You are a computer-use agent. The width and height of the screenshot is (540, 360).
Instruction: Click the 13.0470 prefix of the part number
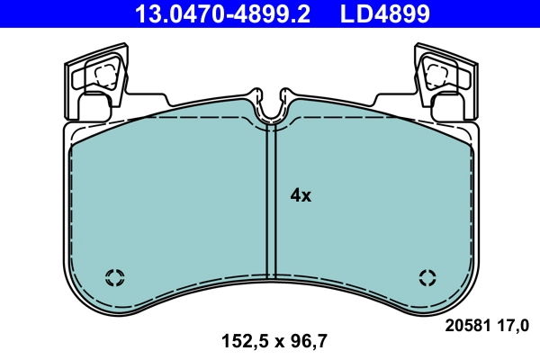[x=168, y=14]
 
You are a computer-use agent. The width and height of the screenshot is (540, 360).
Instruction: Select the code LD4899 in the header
[x=383, y=14]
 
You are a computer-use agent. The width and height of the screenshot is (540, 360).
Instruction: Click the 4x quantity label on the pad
[x=300, y=195]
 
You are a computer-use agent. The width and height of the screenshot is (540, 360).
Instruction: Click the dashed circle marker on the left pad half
[x=114, y=276]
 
